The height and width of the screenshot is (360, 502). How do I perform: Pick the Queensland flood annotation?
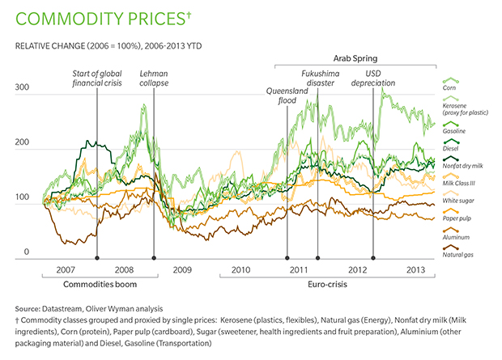284,95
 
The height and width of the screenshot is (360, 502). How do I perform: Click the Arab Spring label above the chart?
355,58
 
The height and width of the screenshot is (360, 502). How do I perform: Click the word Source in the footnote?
28,309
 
